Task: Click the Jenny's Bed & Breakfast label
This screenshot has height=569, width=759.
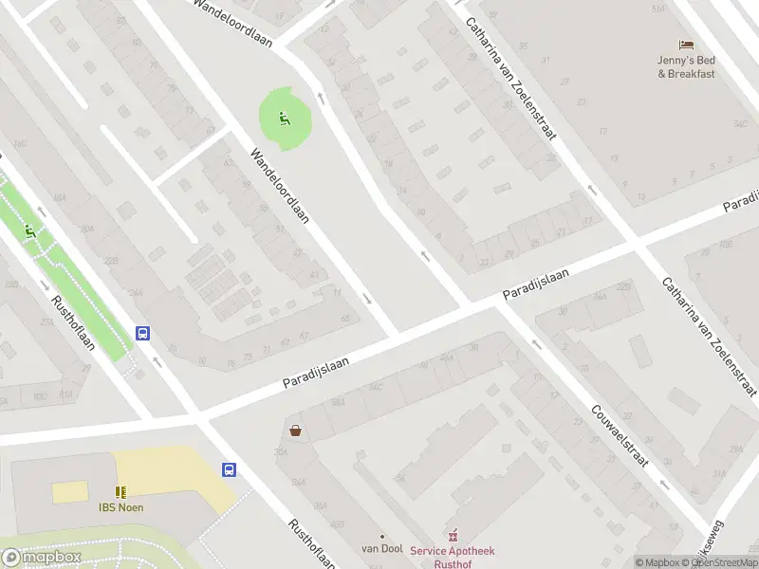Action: click(x=685, y=66)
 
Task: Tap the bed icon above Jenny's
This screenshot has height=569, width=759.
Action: click(x=685, y=45)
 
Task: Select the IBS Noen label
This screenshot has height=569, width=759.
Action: click(x=120, y=506)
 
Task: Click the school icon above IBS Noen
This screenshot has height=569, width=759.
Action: click(x=120, y=491)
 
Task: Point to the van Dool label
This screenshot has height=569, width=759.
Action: click(x=382, y=548)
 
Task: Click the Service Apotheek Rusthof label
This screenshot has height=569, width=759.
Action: click(x=453, y=557)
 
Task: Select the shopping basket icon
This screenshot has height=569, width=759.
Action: click(x=296, y=431)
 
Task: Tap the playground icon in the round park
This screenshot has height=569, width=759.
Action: click(x=283, y=119)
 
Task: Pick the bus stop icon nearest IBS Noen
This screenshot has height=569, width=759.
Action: click(x=229, y=469)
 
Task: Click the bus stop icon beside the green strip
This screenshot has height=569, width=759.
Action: click(x=142, y=333)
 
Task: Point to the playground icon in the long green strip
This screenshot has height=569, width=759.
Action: click(x=30, y=229)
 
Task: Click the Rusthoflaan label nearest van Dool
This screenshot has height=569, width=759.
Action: click(x=312, y=543)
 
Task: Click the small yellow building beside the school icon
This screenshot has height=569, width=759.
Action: click(x=69, y=492)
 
